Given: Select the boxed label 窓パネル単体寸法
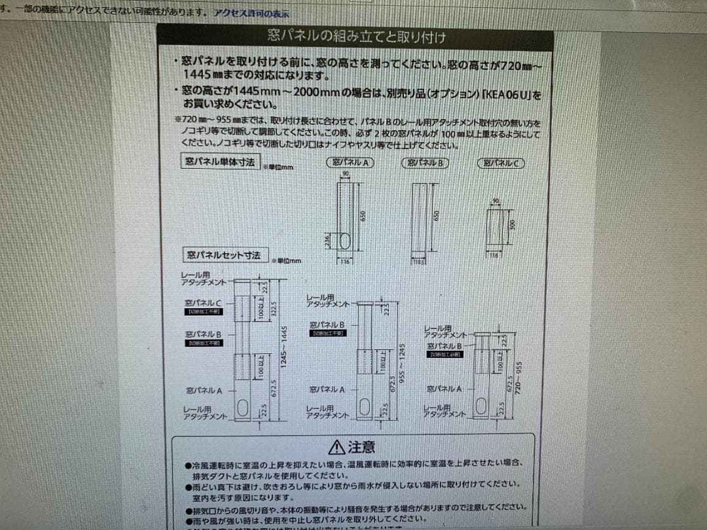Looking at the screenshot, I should (220, 162).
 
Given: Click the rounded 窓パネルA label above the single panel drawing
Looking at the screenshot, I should (350, 163).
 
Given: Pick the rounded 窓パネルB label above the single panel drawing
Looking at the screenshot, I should (425, 163).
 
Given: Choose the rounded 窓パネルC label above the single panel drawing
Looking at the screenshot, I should (501, 164).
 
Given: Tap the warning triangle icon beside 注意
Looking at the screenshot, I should (337, 448).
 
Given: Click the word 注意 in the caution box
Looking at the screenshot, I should (362, 448).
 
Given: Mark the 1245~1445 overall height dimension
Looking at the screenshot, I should (284, 349).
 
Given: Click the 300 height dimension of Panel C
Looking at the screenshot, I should (513, 224).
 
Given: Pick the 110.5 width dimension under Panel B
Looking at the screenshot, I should (419, 262).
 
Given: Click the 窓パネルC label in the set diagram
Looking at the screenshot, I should (204, 304).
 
